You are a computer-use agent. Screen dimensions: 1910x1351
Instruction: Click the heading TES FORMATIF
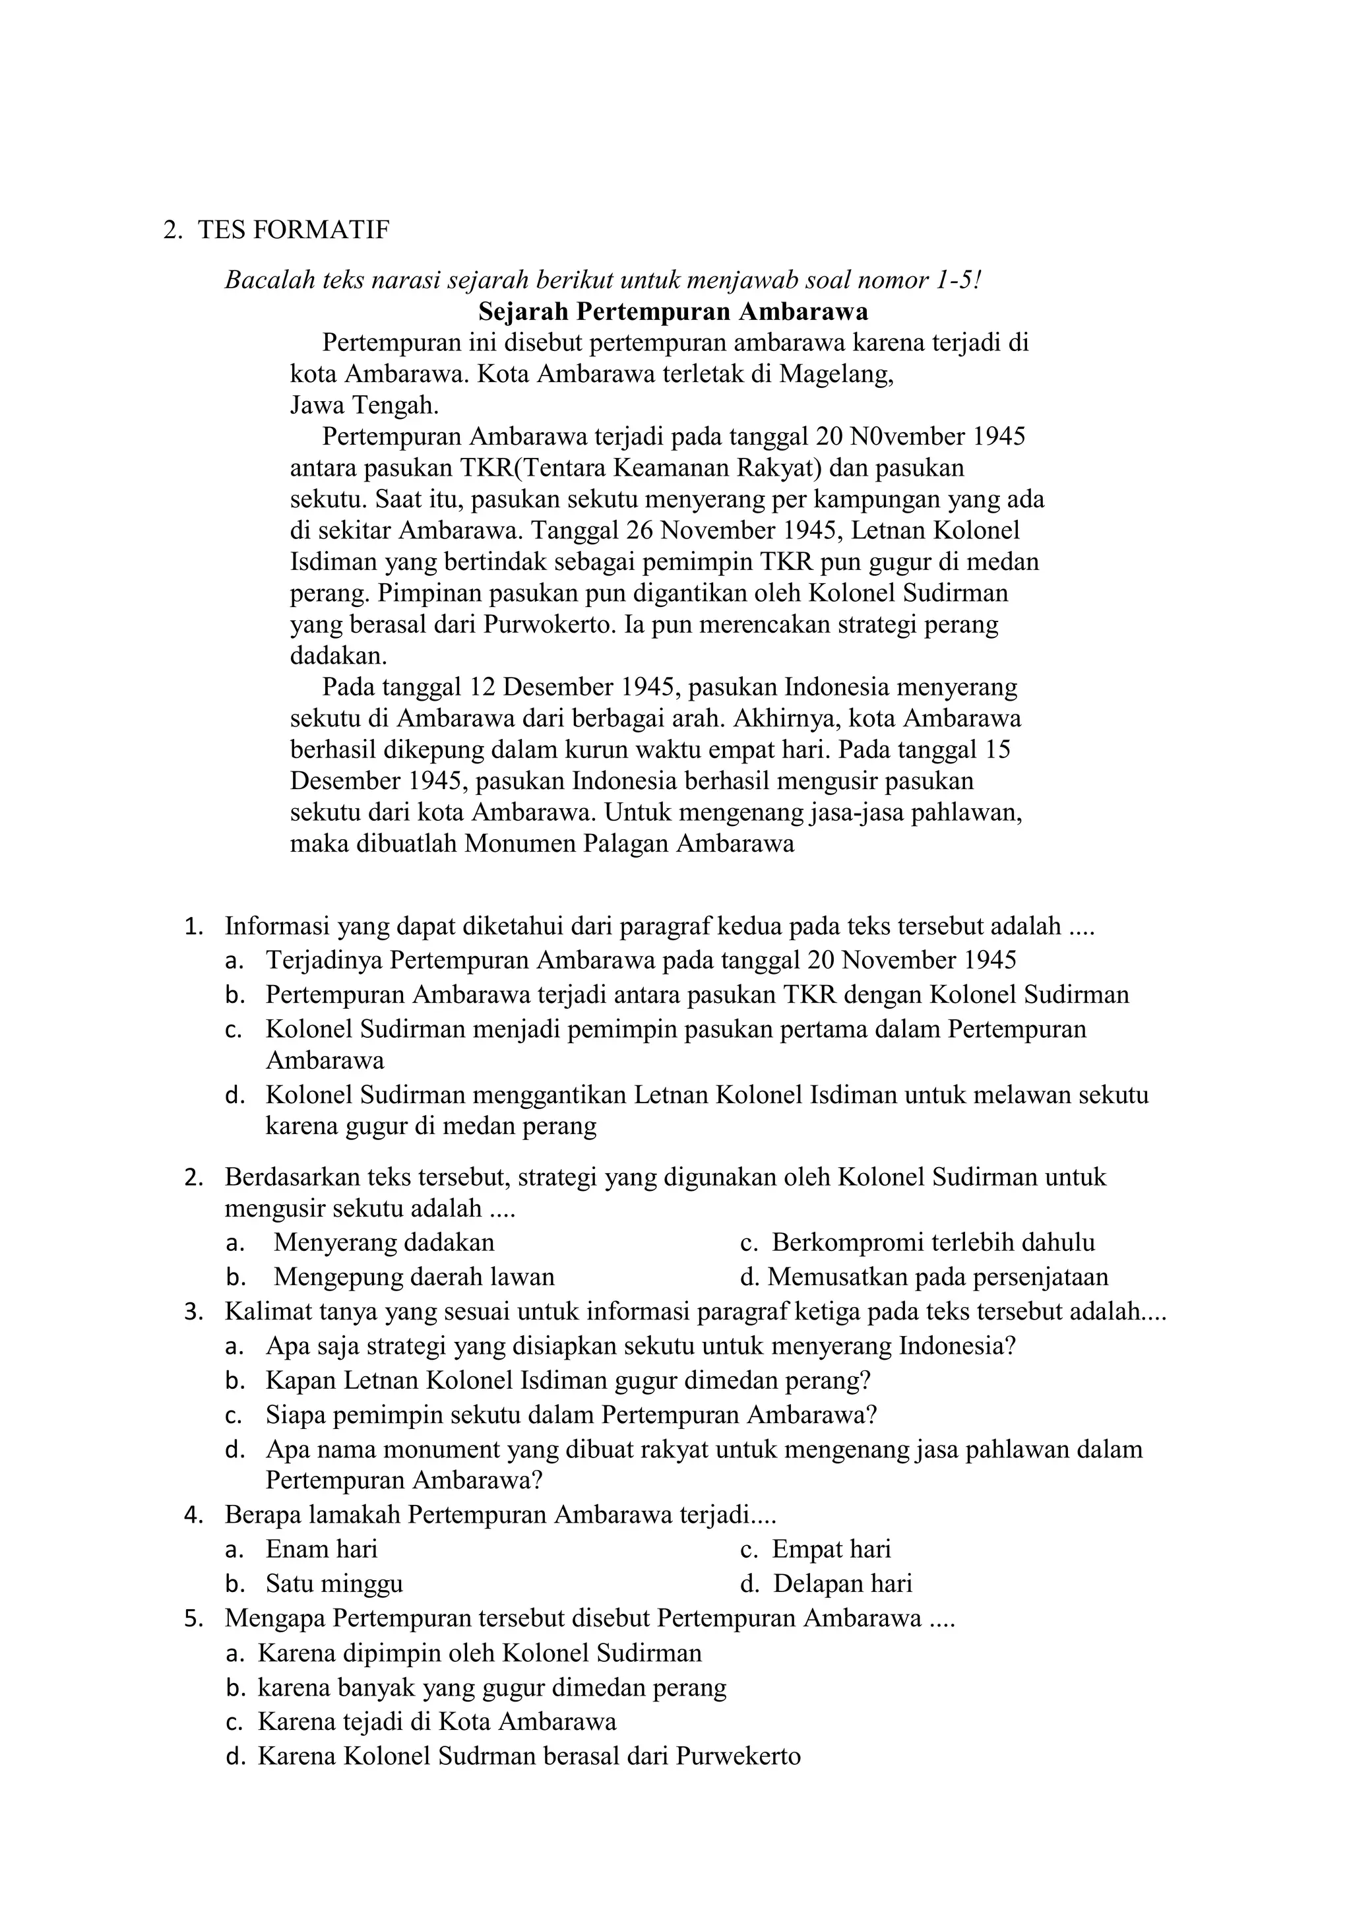(293, 230)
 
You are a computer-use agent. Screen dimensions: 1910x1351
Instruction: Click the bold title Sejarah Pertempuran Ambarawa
(673, 312)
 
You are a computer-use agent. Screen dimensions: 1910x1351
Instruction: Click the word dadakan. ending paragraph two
(338, 656)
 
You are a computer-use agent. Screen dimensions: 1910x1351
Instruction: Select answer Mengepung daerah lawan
(414, 1277)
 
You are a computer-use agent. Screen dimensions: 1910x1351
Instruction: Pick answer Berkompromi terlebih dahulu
(933, 1243)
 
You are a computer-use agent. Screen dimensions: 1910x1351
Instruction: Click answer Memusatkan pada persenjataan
(937, 1277)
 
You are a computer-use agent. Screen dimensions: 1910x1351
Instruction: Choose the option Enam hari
(321, 1549)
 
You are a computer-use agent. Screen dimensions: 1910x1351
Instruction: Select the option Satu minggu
(334, 1583)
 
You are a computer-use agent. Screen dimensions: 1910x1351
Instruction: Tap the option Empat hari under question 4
(831, 1549)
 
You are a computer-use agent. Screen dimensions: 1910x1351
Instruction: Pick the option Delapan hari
(842, 1583)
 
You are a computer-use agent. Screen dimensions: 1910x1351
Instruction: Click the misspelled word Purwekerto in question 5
(738, 1756)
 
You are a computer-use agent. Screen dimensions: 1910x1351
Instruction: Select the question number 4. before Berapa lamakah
(193, 1515)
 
